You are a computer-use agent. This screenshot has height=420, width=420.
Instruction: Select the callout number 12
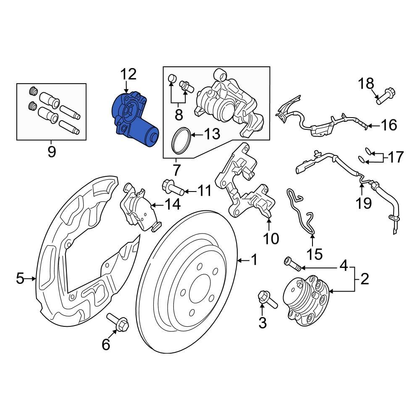point(129,74)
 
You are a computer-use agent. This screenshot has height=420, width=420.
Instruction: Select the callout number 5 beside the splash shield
point(20,278)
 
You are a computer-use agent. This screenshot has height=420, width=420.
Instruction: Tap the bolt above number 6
point(118,322)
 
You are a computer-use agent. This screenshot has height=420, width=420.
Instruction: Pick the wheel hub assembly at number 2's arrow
point(306,299)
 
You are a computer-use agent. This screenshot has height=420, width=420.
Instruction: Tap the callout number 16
point(389,125)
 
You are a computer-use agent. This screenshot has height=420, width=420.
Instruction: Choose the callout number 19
point(364,203)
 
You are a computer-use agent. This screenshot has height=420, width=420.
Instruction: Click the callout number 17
point(395,157)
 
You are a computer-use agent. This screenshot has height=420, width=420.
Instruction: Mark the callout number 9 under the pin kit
point(51,151)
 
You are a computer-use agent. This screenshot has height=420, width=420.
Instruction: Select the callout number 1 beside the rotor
point(254,260)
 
